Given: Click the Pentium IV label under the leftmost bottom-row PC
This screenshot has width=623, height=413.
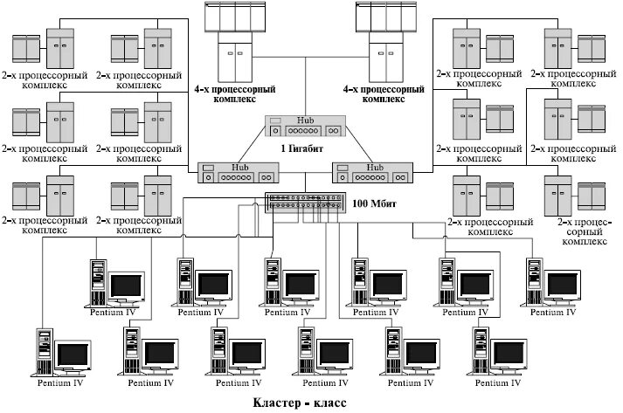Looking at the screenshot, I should pyautogui.click(x=62, y=382).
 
